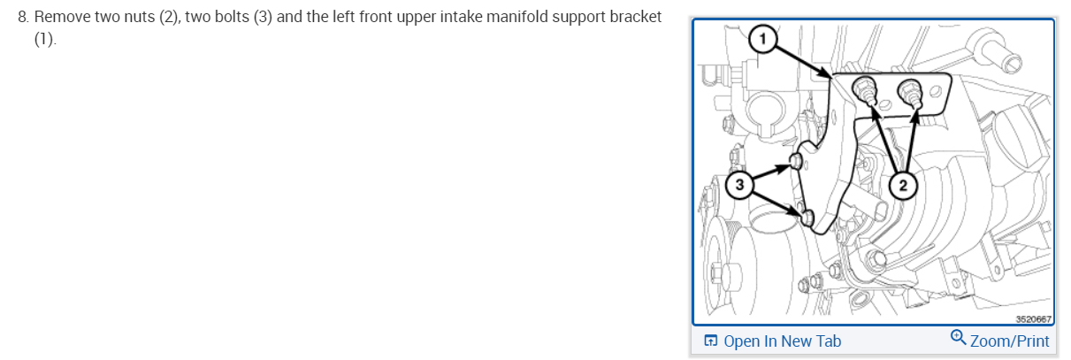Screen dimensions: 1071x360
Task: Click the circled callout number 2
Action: tap(902, 185)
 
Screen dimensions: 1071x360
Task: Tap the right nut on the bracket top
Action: tap(908, 88)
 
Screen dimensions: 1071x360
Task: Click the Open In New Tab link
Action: tap(782, 341)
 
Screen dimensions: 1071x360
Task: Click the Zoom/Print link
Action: tap(1009, 341)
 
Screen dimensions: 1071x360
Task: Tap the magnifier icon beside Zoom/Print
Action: tap(958, 338)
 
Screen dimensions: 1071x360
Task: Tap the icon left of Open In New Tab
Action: tap(709, 341)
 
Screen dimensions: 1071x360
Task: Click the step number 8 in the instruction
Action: tap(23, 19)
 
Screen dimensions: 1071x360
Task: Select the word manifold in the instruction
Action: tap(500, 19)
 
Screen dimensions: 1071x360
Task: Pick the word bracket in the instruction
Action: tap(636, 19)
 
